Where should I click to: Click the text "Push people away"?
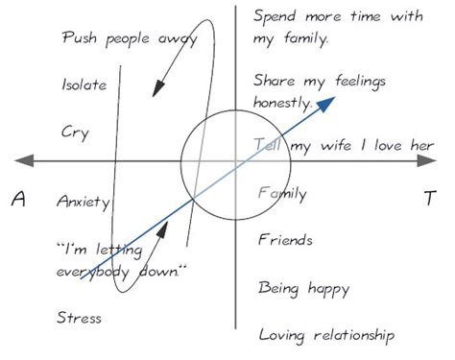[x=130, y=39]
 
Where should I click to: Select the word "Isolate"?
[x=84, y=84]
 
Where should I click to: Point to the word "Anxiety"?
[x=84, y=203]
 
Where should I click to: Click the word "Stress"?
[x=79, y=317]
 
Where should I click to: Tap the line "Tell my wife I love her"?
[x=344, y=145]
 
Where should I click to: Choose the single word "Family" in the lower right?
[x=282, y=194]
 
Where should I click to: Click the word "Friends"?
[x=286, y=240]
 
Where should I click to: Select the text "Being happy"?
[x=303, y=287]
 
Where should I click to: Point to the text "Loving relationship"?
[x=326, y=335]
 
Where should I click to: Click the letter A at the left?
[x=17, y=199]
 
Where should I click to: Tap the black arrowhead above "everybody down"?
[x=163, y=231]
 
